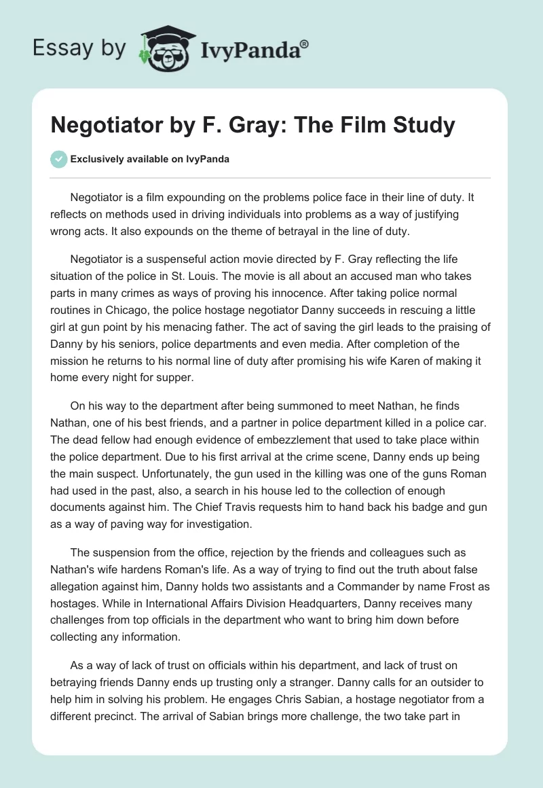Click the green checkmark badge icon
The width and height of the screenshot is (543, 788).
pos(59,159)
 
